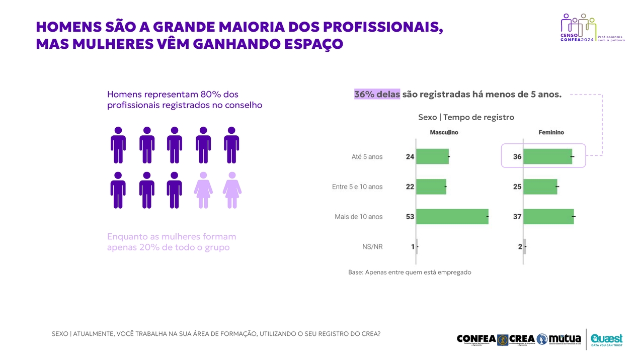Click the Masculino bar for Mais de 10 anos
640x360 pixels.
click(x=452, y=217)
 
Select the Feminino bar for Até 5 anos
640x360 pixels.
click(x=547, y=156)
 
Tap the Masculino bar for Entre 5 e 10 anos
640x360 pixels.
click(x=431, y=187)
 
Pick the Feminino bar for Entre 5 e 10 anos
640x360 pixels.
click(x=540, y=187)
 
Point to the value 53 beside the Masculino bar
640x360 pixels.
click(x=410, y=217)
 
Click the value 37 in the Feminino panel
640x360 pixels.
click(x=517, y=217)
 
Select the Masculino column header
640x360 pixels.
click(x=444, y=132)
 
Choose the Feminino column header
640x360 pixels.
click(x=551, y=132)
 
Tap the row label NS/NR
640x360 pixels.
click(x=372, y=247)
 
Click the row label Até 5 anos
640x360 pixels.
click(x=367, y=156)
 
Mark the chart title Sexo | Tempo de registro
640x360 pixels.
click(x=466, y=117)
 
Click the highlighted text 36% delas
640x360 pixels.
click(x=377, y=95)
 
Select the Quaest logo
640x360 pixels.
click(x=606, y=339)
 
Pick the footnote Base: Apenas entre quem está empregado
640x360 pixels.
click(x=410, y=272)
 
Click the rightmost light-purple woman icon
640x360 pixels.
click(x=232, y=190)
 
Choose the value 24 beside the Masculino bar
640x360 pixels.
click(x=410, y=156)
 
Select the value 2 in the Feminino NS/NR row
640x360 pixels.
click(x=520, y=247)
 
